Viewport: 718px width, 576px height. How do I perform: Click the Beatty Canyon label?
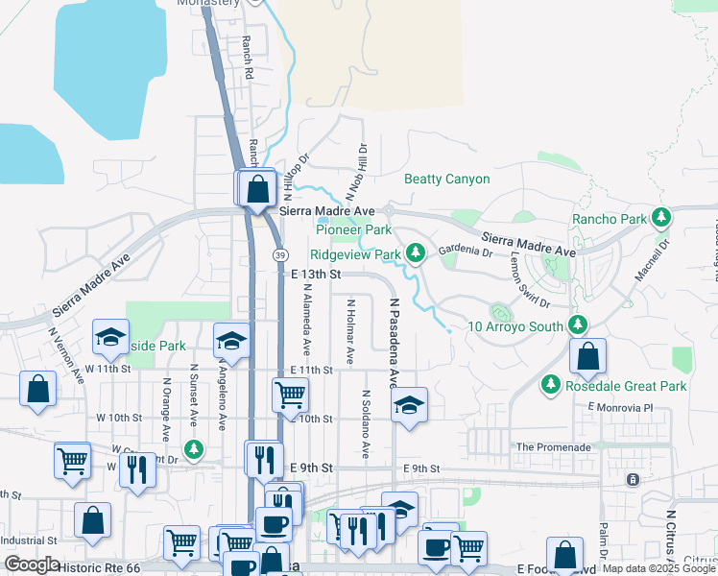click(x=446, y=180)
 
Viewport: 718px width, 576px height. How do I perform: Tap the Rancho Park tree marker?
click(x=660, y=219)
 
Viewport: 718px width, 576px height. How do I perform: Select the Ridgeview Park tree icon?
click(x=415, y=254)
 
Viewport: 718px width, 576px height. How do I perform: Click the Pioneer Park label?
click(x=354, y=230)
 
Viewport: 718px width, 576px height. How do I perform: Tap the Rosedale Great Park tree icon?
click(x=550, y=385)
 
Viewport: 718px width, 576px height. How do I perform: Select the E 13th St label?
click(x=316, y=275)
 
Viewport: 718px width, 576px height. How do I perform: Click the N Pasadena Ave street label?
click(x=393, y=343)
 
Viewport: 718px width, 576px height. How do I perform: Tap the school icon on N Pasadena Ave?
click(x=409, y=404)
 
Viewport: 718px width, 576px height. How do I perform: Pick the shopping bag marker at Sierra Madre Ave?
click(x=257, y=187)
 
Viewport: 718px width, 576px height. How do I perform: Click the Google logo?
click(x=32, y=564)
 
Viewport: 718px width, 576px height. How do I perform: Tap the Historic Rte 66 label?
click(x=99, y=568)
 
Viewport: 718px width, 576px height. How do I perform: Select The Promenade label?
click(x=552, y=447)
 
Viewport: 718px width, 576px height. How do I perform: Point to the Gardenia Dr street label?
click(x=465, y=252)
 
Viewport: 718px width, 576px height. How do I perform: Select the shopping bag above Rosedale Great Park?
click(x=587, y=357)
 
